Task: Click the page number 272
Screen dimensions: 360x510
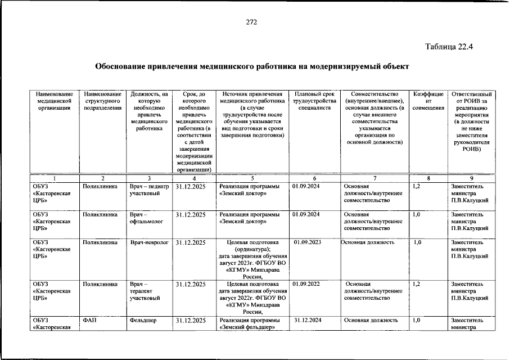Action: [x=251, y=22]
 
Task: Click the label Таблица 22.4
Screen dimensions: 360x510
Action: [x=450, y=47]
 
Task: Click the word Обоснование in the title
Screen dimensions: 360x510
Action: [x=119, y=66]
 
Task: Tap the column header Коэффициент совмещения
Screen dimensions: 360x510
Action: [x=428, y=100]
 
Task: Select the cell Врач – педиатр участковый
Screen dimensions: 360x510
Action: [x=149, y=190]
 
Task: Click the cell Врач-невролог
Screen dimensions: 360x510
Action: [x=148, y=242]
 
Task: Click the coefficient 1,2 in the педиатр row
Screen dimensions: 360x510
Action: [x=417, y=186]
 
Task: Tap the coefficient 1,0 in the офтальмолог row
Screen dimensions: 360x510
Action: [x=417, y=214]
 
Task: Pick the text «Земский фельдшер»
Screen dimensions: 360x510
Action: [x=247, y=327]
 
